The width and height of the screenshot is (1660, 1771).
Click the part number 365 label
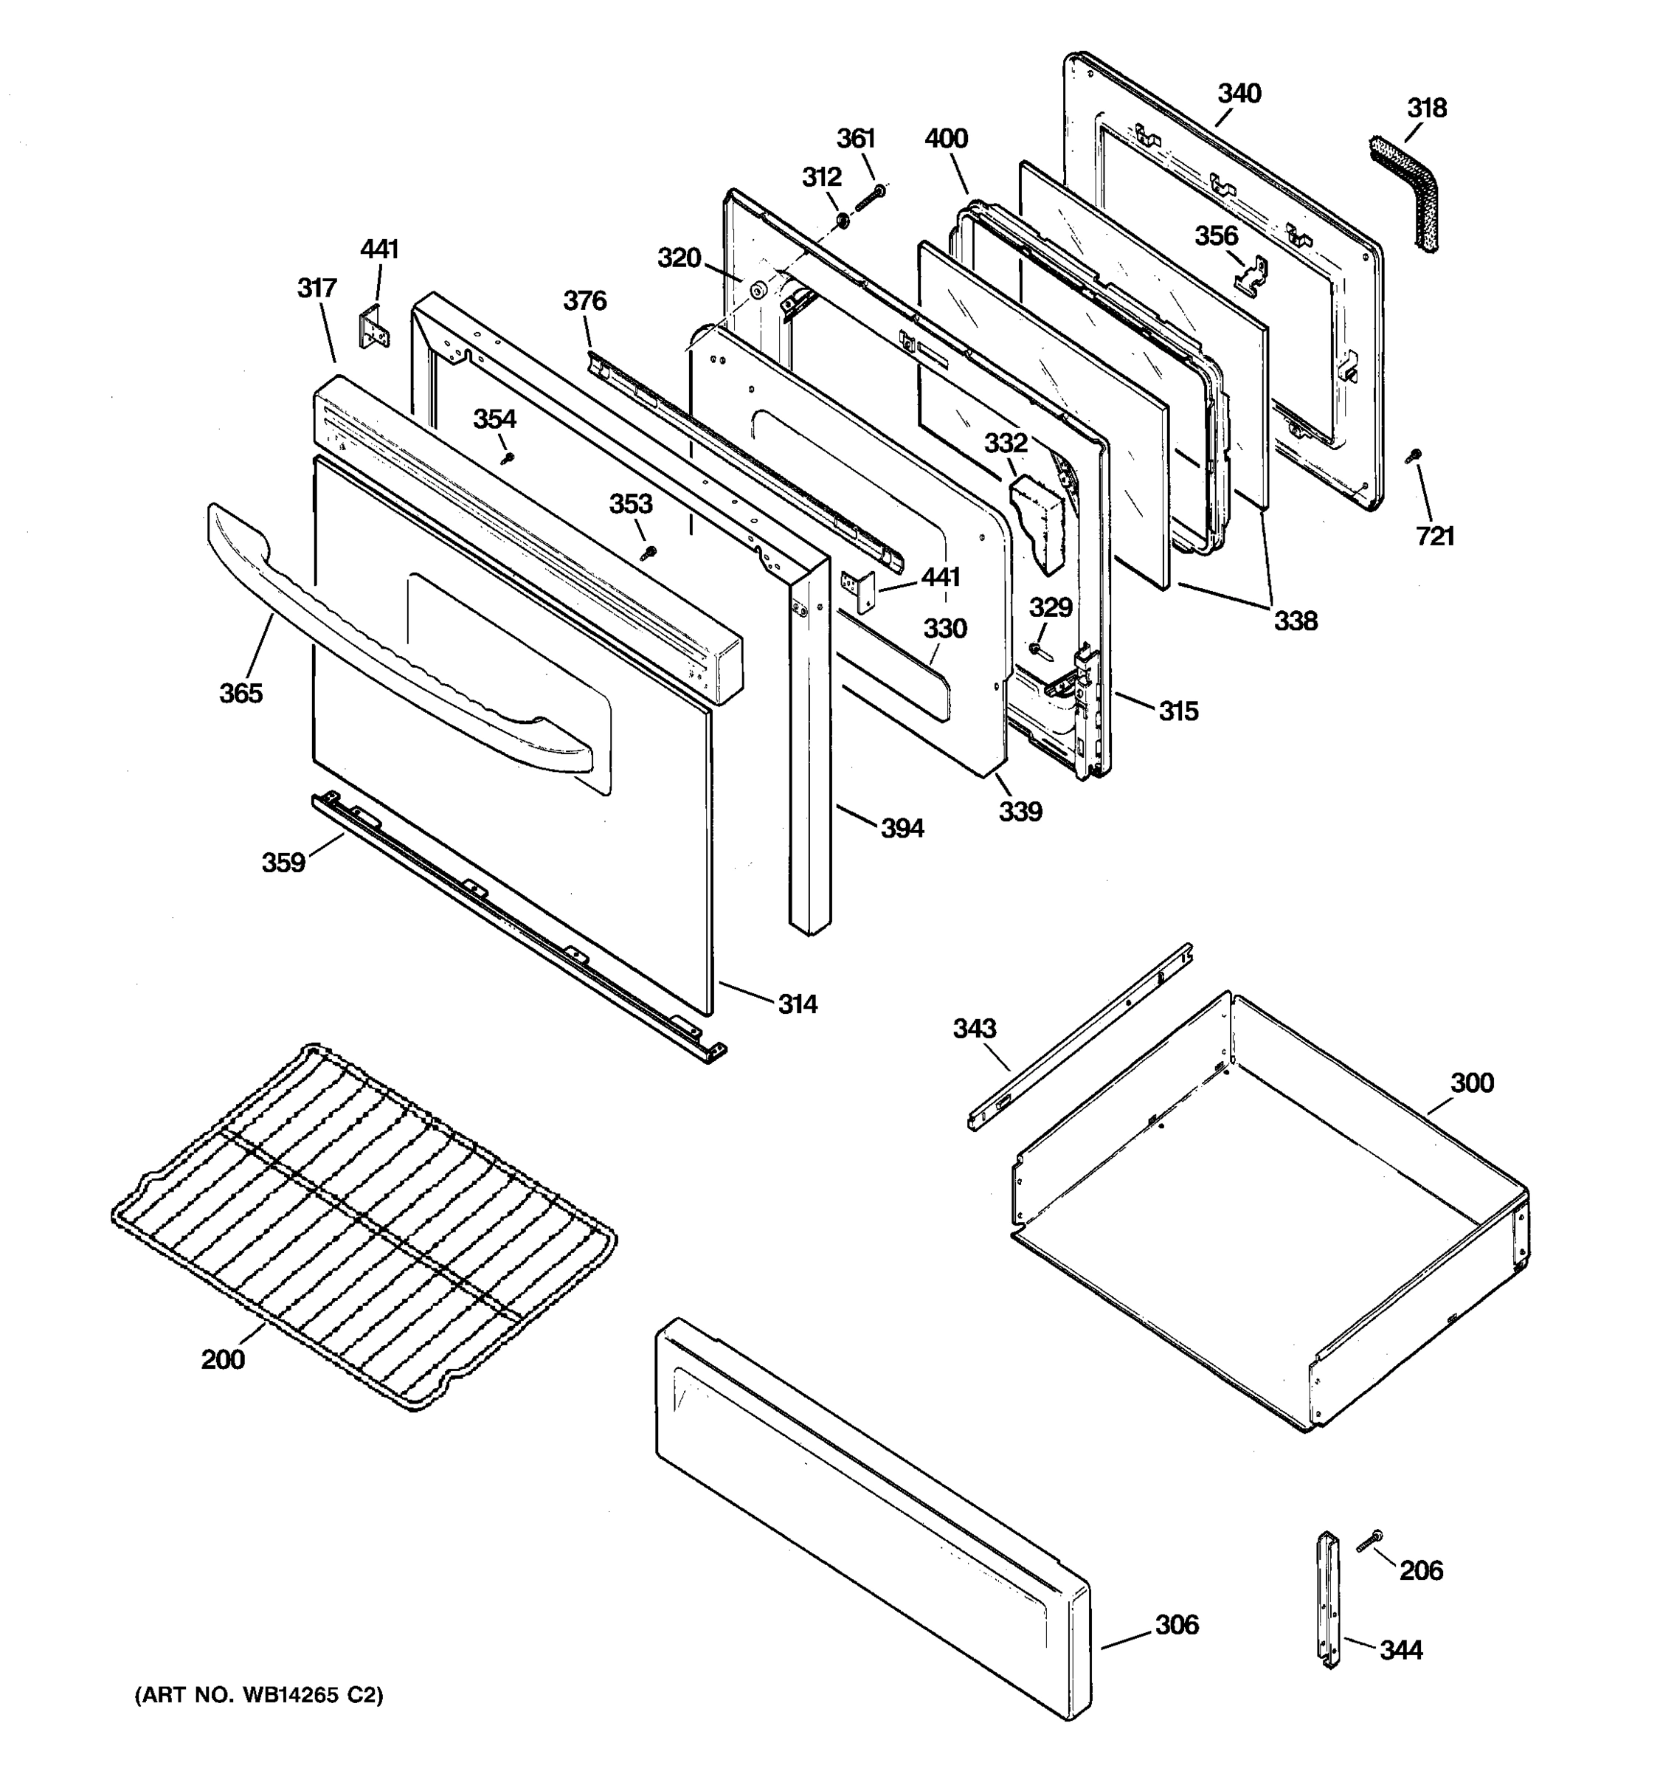click(241, 693)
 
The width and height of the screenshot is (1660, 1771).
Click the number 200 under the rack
click(223, 1359)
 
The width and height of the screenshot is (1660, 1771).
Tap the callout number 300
click(1471, 1083)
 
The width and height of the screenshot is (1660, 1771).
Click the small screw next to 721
click(1412, 456)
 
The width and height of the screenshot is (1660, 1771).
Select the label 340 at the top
click(1239, 94)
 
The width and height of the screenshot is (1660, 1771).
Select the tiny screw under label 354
click(508, 458)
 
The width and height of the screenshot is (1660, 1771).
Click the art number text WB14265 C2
click(258, 1695)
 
